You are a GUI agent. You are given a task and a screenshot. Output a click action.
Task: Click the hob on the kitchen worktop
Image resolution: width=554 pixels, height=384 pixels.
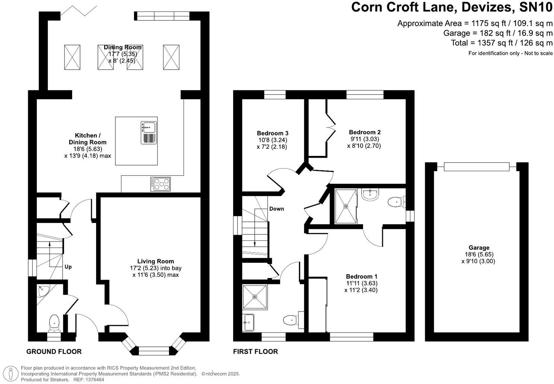coord(160,184)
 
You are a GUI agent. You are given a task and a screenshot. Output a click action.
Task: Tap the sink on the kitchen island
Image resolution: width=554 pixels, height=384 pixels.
coord(149,132)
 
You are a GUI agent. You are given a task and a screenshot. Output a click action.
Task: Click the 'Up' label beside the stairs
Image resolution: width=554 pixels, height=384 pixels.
coord(68,267)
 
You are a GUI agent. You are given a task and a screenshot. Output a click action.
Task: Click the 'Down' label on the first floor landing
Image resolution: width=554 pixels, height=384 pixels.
coord(277,209)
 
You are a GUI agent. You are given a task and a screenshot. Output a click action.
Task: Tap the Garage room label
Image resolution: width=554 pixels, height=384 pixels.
coord(479,248)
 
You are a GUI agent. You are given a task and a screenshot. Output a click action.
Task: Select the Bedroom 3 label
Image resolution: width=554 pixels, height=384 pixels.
coord(273,133)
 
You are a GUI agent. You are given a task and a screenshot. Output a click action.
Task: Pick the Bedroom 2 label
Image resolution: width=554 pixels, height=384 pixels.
coord(364,132)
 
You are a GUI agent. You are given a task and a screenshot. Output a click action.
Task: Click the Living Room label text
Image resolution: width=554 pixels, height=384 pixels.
coord(155,261)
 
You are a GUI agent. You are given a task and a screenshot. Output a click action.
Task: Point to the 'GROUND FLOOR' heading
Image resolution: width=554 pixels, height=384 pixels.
coord(54,352)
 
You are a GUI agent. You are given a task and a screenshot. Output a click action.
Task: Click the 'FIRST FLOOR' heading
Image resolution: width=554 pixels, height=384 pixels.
coord(255,352)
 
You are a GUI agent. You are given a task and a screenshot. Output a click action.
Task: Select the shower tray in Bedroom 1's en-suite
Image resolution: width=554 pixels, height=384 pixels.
coord(346,206)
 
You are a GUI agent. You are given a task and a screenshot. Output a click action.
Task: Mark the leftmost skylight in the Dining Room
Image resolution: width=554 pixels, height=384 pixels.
coord(72,57)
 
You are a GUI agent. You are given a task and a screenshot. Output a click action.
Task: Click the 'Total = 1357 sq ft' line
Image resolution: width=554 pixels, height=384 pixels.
coord(502,43)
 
